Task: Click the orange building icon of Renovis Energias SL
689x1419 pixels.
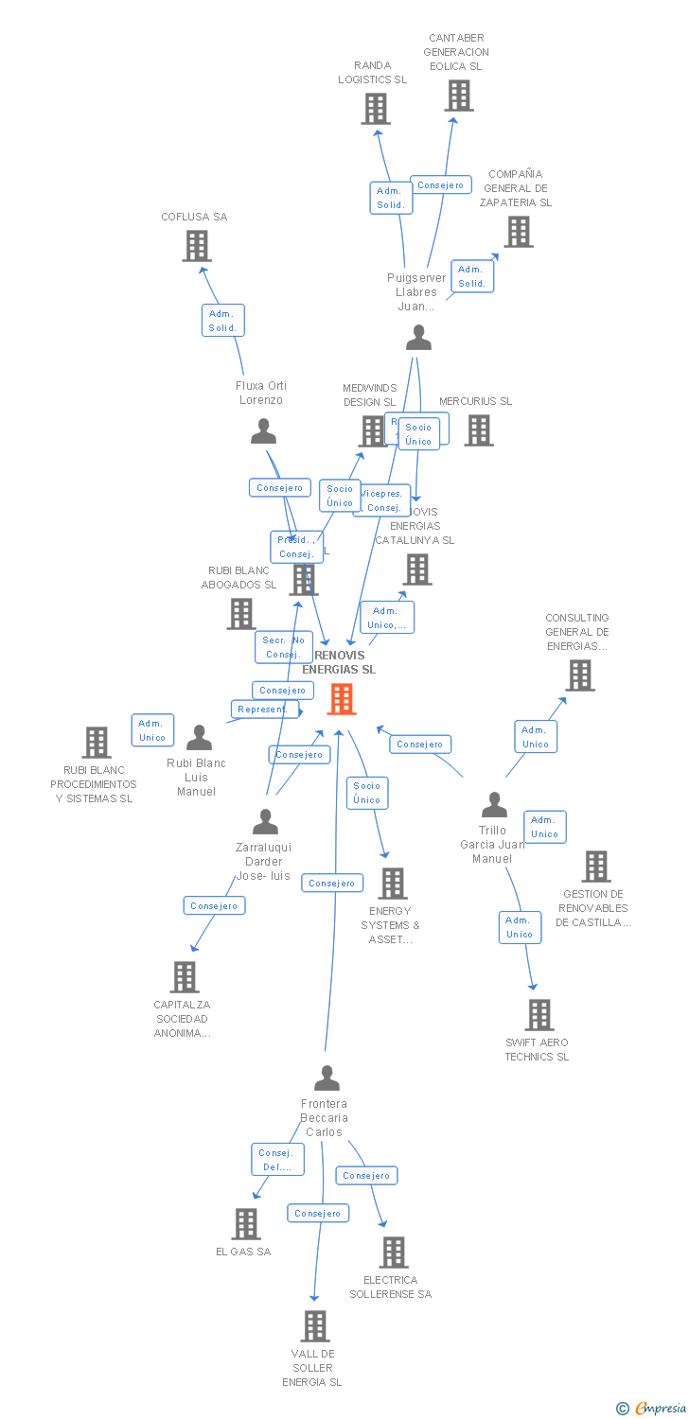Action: [342, 699]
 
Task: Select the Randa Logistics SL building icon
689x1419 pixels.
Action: [376, 109]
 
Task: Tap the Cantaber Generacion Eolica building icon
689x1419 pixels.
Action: [459, 96]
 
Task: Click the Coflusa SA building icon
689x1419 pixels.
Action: [196, 246]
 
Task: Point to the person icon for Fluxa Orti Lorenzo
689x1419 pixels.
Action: [263, 431]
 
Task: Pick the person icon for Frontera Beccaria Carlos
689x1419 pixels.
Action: [327, 1077]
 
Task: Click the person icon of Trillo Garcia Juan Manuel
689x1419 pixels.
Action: [494, 805]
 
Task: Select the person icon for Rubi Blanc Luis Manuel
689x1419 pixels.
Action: [199, 737]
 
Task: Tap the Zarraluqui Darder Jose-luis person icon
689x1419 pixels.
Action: [266, 821]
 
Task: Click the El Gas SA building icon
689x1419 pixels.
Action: [246, 1224]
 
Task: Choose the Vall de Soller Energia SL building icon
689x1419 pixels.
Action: [315, 1326]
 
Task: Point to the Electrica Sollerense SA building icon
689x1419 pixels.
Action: [394, 1253]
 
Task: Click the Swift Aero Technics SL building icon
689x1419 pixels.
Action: [539, 1015]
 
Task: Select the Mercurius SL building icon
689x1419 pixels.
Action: [479, 430]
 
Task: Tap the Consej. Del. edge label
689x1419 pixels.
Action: [277, 1160]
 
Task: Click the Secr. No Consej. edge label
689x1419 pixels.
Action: [282, 647]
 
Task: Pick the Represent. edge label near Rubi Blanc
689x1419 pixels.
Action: [264, 709]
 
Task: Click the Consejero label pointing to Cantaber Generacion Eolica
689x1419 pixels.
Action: [440, 185]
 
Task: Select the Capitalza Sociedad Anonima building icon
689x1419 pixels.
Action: [185, 977]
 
